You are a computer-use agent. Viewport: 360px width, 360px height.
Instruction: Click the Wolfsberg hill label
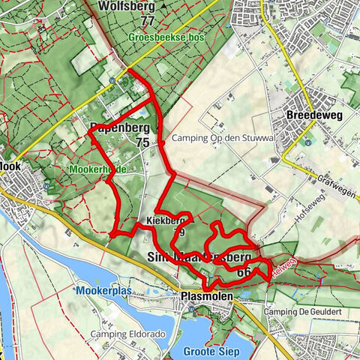[126, 6]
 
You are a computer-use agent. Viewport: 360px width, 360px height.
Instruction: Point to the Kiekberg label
[164, 221]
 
